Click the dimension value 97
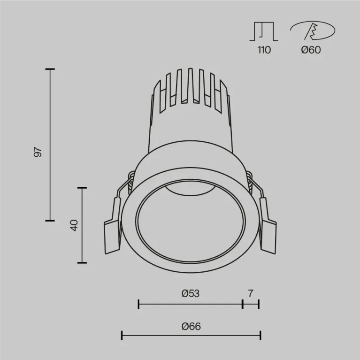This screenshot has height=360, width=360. [x=38, y=152]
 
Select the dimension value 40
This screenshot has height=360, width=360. [x=73, y=225]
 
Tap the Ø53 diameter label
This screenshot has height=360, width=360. [x=190, y=294]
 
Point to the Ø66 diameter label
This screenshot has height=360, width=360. [x=191, y=326]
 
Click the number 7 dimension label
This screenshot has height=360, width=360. [x=251, y=294]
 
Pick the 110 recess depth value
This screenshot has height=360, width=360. [x=264, y=50]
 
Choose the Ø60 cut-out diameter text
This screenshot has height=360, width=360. [x=311, y=50]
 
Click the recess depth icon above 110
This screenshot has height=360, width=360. [x=264, y=31]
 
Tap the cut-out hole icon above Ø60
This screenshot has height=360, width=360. [x=312, y=31]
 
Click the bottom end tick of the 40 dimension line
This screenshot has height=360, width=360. [x=82, y=262]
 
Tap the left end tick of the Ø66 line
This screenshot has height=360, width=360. [x=122, y=335]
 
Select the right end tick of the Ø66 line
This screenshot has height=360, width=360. [x=260, y=335]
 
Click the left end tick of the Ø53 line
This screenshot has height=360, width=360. [x=138, y=304]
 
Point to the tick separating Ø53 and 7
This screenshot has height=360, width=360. [x=243, y=304]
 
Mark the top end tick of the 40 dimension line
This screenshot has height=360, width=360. [x=82, y=188]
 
